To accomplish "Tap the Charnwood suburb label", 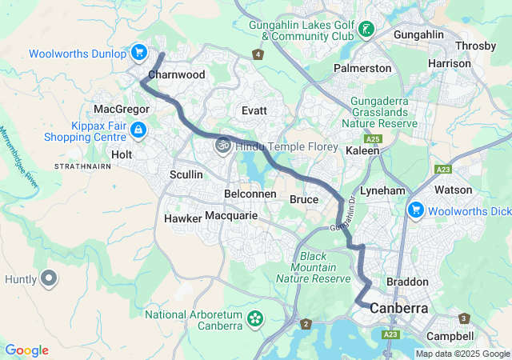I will (177, 74).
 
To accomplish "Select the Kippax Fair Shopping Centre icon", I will (138, 129).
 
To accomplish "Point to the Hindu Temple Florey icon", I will (221, 144).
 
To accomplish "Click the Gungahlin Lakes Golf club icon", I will (366, 30).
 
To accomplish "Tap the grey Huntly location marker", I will (49, 279).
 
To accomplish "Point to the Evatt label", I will (254, 110).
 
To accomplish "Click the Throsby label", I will (475, 46).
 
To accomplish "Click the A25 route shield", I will (377, 139).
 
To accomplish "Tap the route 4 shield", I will (258, 54).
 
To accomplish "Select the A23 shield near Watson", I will (442, 170).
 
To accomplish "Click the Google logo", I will (26, 350).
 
